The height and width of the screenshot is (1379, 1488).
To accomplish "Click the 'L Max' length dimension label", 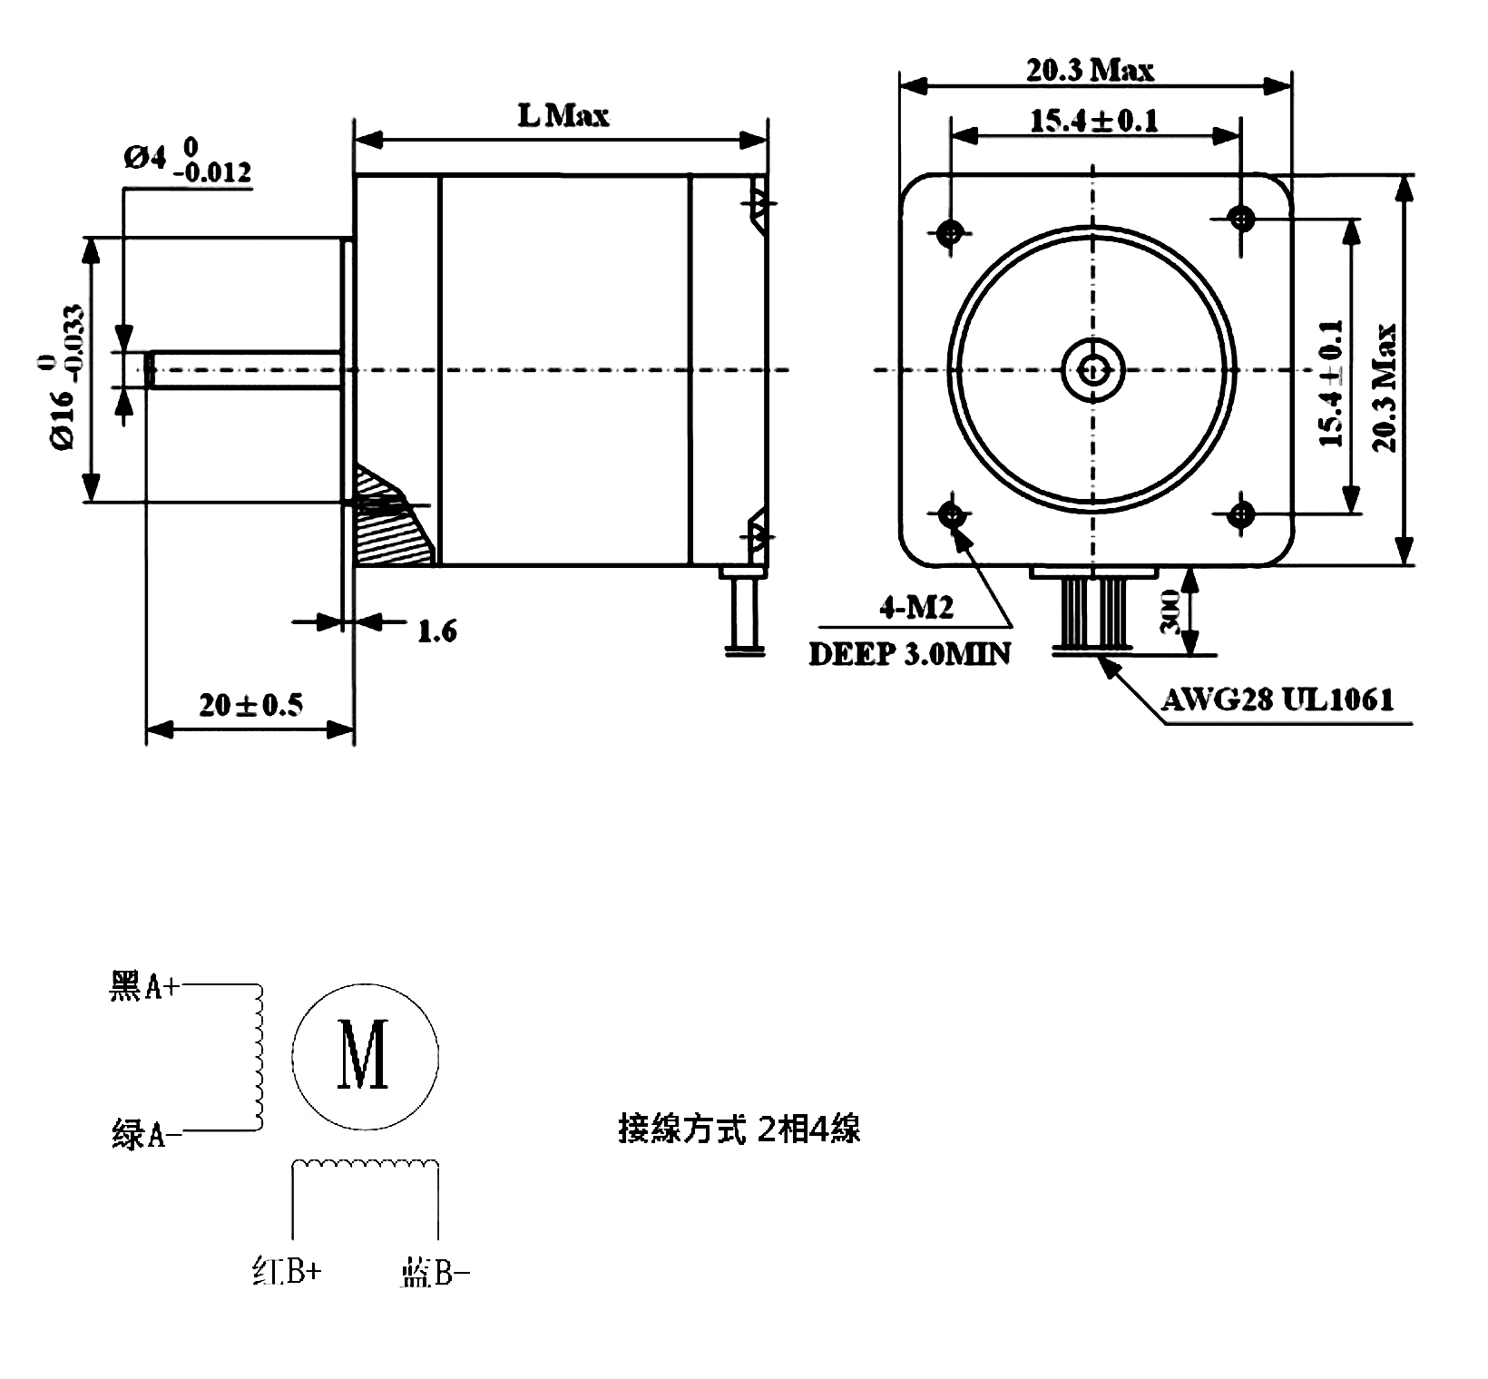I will (x=563, y=115).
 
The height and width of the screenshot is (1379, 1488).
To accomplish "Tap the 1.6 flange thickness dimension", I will (x=436, y=631).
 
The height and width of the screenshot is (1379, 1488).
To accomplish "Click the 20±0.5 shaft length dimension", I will (x=251, y=704).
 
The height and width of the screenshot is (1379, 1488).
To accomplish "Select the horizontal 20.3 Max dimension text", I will (x=1090, y=70).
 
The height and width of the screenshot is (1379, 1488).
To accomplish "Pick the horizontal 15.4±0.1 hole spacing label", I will (x=1093, y=121).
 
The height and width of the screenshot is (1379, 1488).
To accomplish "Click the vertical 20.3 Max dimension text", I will (x=1385, y=387).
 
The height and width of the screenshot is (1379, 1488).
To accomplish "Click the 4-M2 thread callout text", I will (x=916, y=607).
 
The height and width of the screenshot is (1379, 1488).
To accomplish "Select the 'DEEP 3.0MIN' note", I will (x=909, y=653).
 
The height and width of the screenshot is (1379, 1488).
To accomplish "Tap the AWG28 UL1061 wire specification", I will (x=1278, y=699).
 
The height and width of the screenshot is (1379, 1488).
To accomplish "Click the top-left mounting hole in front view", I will (x=951, y=233).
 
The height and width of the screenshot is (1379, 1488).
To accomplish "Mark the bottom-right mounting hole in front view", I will (x=1240, y=515).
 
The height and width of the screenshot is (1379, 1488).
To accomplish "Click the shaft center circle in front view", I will (x=1093, y=369).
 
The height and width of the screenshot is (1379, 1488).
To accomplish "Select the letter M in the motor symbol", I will (x=364, y=1054).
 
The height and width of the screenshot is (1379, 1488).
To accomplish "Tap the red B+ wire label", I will (x=287, y=1272).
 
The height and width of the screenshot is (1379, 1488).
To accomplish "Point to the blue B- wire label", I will (x=435, y=1274).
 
